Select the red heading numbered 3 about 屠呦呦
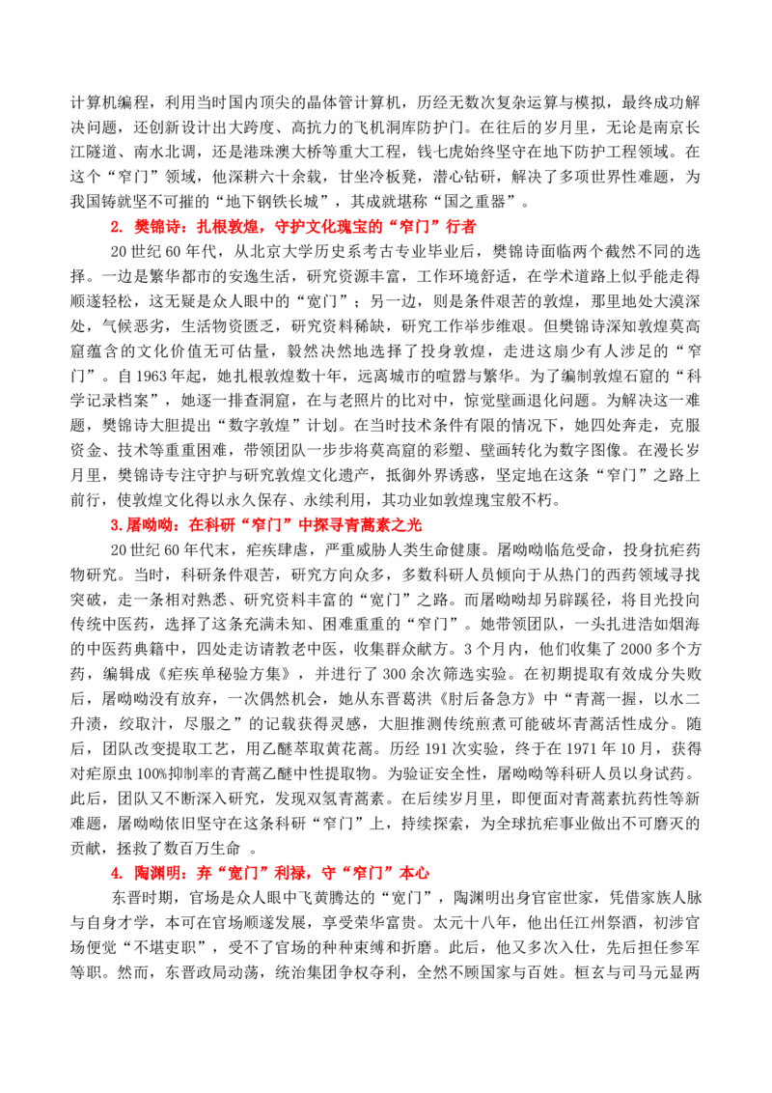pos(266,525)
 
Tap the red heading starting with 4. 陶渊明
pos(270,873)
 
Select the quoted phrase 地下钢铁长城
pos(272,202)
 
